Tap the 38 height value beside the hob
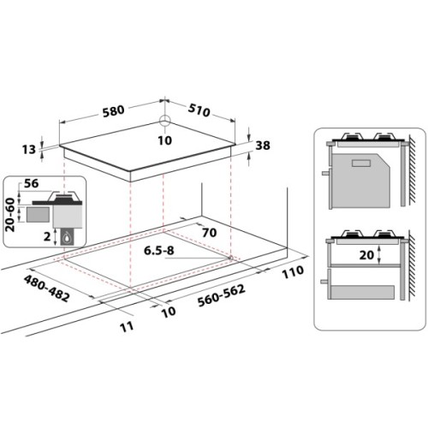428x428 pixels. click(262, 146)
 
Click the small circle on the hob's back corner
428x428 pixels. click(165, 122)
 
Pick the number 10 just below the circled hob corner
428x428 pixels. click(164, 140)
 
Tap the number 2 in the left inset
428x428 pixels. click(47, 237)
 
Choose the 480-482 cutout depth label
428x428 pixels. click(48, 287)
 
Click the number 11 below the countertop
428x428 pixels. click(125, 326)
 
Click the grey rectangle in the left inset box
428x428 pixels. click(38, 211)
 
